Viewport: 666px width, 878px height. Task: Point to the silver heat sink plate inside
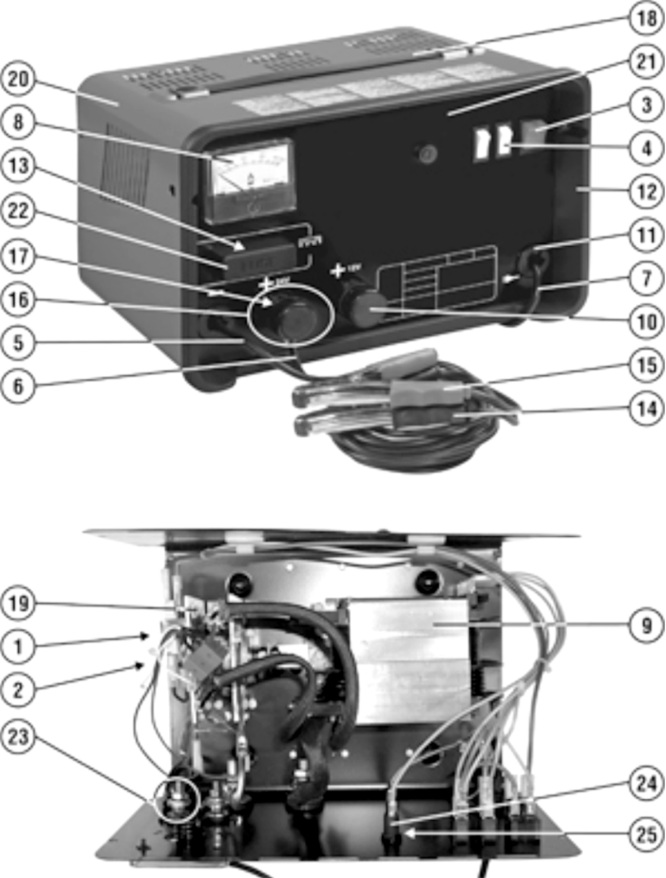(409, 659)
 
